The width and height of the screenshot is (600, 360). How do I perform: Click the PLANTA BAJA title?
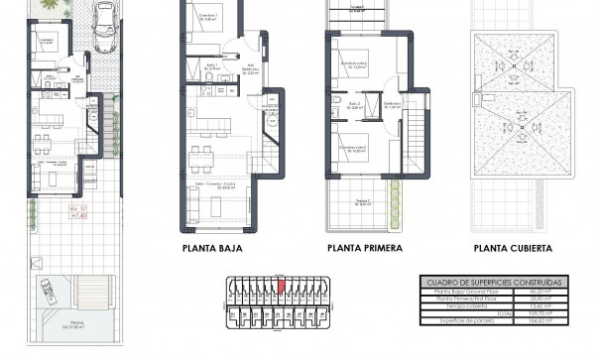213,249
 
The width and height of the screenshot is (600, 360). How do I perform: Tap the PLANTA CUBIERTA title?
513,249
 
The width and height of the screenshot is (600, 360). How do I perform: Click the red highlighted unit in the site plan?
281,288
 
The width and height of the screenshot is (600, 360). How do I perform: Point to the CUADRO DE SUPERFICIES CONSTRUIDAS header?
493,283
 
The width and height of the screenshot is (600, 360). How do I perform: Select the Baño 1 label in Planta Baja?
212,64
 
